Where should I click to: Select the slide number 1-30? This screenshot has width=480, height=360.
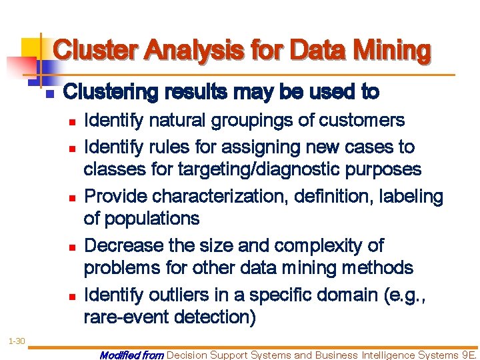click(17, 341)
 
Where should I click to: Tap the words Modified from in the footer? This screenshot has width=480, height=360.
click(131, 355)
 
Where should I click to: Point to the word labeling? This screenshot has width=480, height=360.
click(411, 197)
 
